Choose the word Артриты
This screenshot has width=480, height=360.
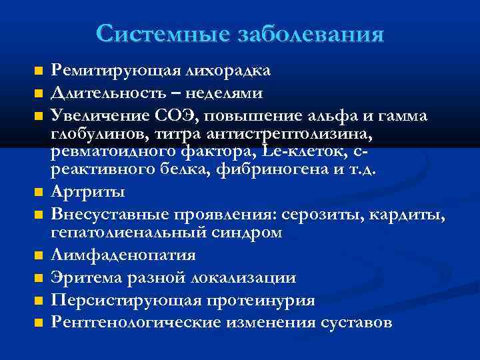[x=87, y=192]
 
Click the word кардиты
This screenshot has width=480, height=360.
[x=413, y=215]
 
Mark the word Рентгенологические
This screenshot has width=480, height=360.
[x=139, y=323]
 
